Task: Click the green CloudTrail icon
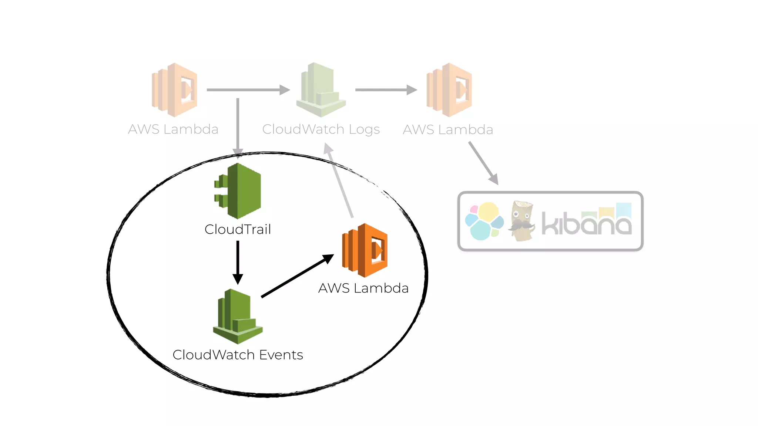[x=239, y=191]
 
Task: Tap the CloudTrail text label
[x=238, y=230]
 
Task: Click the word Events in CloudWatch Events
[x=281, y=355]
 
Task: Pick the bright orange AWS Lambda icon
[x=365, y=250]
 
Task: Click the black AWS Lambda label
[x=363, y=288]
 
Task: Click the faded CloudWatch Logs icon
[x=321, y=90]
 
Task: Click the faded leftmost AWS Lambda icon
[x=175, y=90]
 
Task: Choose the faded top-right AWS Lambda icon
[x=449, y=90]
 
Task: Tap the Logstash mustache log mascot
[x=522, y=221]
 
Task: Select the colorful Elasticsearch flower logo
[x=484, y=221]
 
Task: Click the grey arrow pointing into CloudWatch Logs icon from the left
[x=248, y=90]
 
